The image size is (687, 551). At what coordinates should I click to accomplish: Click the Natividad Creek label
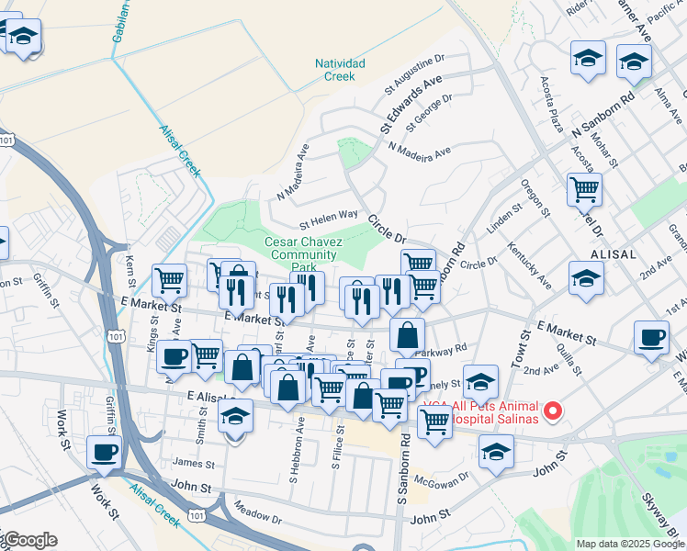(340, 70)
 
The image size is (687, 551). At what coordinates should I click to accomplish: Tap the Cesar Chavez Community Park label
(304, 254)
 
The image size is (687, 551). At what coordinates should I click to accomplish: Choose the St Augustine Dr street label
(414, 73)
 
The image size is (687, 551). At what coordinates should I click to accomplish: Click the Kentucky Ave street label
(533, 264)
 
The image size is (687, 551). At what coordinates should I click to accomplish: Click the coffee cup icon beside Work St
(104, 452)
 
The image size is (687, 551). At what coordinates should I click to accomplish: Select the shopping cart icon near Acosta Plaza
(584, 190)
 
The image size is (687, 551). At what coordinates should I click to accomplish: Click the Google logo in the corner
(29, 541)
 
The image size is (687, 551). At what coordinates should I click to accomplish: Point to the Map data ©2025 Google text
(630, 544)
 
